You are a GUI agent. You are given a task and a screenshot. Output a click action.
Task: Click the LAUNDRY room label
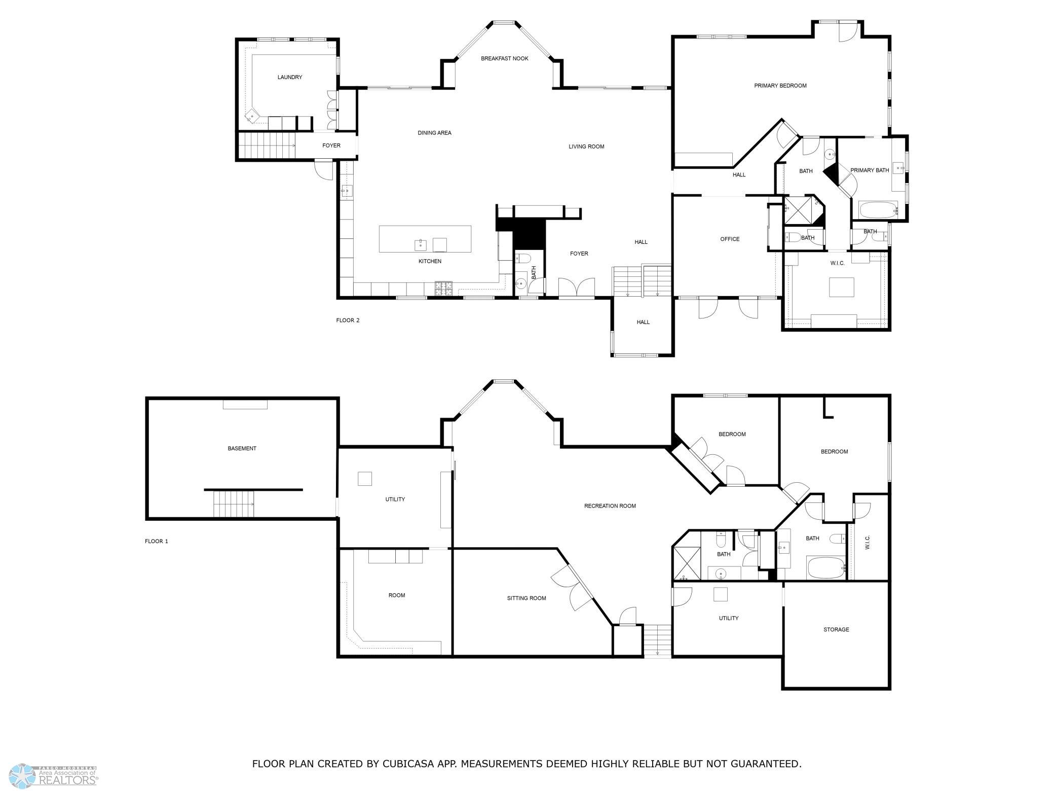click(x=290, y=77)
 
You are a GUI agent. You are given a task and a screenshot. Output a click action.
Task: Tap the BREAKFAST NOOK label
click(x=505, y=58)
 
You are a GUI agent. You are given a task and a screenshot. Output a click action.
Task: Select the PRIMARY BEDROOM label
click(x=780, y=86)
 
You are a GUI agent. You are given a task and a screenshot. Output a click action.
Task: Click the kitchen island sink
click(x=421, y=245)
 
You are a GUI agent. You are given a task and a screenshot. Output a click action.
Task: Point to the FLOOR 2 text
click(x=348, y=320)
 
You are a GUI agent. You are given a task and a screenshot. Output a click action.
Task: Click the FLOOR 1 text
click(x=157, y=541)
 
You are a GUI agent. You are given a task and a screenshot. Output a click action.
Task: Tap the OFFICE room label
click(x=730, y=239)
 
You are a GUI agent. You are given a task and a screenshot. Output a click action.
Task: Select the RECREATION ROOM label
click(x=610, y=506)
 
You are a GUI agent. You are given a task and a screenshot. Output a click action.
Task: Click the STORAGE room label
click(x=836, y=629)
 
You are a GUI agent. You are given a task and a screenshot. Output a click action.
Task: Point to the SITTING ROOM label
click(x=526, y=598)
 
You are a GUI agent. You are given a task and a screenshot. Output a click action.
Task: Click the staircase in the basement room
click(x=233, y=504)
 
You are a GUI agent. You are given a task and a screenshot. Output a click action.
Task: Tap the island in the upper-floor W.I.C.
click(x=842, y=287)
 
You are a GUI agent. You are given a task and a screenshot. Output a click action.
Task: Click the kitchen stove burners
click(x=444, y=289)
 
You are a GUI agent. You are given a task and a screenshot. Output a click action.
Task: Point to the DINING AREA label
click(x=434, y=133)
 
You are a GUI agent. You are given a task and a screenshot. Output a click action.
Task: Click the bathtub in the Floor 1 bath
click(x=825, y=568)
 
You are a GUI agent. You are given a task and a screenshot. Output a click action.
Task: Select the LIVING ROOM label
click(x=586, y=147)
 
